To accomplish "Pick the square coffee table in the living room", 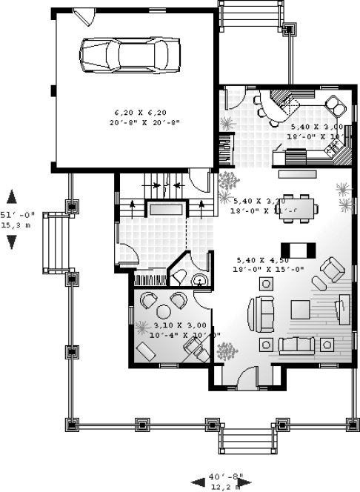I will pyautogui.click(x=301, y=307).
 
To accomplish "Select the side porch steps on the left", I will pyautogui.click(x=53, y=242).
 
